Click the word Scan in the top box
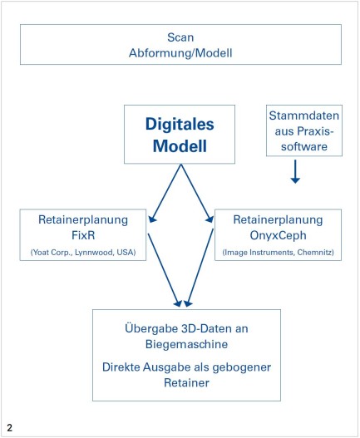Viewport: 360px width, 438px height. (x=180, y=37)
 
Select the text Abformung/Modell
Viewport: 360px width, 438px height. (x=180, y=53)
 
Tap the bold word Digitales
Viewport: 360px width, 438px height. (x=180, y=125)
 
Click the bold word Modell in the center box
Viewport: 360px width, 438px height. (x=180, y=146)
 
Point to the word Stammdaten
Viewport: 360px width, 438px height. (x=304, y=116)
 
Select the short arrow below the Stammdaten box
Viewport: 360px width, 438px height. (x=295, y=171)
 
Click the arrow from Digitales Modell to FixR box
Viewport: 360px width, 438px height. (x=165, y=194)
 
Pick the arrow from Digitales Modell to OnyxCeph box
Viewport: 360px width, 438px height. (x=197, y=194)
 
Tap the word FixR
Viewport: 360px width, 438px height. (x=83, y=235)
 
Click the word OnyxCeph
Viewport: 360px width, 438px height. (x=278, y=235)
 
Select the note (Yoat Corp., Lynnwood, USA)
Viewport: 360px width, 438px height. (x=83, y=252)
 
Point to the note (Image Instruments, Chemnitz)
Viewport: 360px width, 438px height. (x=278, y=252)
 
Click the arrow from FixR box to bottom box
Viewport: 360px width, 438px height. (x=165, y=270)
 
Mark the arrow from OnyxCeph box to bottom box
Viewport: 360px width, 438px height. (x=200, y=268)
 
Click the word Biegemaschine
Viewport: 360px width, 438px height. (x=187, y=344)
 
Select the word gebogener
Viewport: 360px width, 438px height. (x=242, y=367)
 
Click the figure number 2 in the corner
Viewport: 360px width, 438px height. (x=10, y=428)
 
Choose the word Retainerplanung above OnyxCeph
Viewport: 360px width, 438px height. (x=278, y=220)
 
